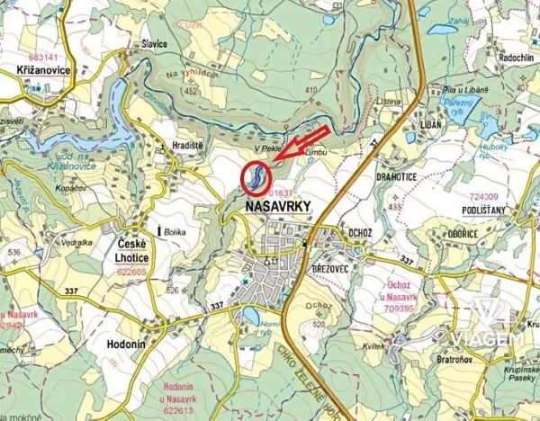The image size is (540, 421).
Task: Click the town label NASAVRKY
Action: click(277, 207)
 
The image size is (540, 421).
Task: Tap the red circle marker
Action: click(256, 175)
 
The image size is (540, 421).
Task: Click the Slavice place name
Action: click(154, 42)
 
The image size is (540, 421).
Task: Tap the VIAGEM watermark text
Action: click(489, 338)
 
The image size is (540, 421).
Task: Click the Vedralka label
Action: click(76, 242)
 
